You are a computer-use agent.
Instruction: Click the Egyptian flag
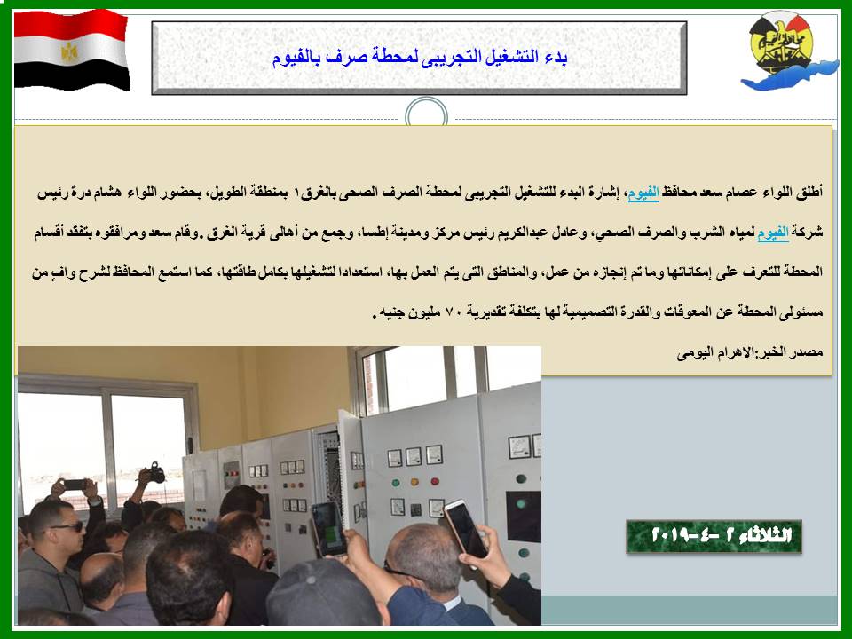point(71,51)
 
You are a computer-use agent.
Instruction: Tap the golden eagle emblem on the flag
point(69,52)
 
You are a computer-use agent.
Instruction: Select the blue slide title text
point(420,58)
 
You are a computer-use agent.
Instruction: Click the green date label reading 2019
point(714,536)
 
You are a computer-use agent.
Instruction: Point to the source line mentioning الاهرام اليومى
point(750,353)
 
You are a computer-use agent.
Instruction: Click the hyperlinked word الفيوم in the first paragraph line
point(643,193)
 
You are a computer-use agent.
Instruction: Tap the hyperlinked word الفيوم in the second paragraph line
point(773,233)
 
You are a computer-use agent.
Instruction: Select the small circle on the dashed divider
point(427,115)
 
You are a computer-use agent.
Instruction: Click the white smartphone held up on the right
point(466,529)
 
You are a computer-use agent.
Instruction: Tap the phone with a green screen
point(328,529)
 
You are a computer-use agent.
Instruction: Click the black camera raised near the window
point(156,473)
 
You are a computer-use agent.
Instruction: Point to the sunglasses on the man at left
point(68,526)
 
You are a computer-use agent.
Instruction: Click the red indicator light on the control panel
point(435,481)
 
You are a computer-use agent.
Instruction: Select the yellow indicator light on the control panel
point(414,482)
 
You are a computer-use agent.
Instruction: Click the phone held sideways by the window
point(75,484)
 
